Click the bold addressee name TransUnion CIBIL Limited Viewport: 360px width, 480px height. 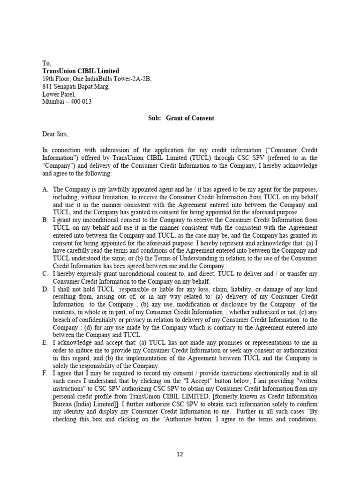(81, 71)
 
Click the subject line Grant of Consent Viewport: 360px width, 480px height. (189, 118)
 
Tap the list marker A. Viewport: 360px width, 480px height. (45, 189)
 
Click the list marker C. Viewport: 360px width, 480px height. (45, 273)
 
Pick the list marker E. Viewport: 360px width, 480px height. (45, 343)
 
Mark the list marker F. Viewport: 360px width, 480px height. (45, 374)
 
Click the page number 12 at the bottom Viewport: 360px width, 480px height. (180, 454)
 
